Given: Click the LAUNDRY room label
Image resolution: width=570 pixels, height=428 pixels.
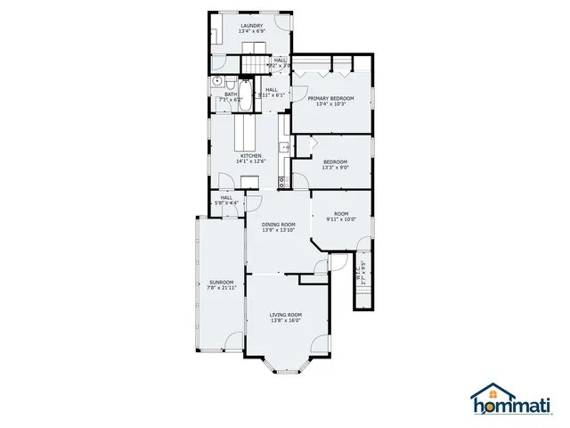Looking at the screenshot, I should point(251,26).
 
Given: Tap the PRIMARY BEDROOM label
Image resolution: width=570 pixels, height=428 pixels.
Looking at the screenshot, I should point(330,98).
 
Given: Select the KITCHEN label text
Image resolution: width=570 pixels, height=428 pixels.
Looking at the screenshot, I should point(248,156).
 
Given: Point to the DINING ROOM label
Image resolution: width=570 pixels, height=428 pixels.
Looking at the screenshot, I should point(278,224).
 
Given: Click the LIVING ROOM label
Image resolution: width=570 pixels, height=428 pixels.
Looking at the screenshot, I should point(286,315).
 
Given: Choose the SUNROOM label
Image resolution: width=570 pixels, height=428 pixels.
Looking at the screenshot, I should point(222,282).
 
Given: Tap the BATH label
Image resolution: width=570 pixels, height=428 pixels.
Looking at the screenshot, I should point(231,94).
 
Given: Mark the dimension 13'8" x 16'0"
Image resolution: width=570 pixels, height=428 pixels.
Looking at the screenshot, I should point(286,321).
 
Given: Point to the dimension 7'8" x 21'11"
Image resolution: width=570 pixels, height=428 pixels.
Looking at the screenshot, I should point(222,288).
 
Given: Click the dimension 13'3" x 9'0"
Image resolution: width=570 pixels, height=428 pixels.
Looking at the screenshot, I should point(336,167).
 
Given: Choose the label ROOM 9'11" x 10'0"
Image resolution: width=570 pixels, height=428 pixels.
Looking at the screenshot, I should point(341,216).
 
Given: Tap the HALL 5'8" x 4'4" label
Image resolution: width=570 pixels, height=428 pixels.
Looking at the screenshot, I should point(226,201).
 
